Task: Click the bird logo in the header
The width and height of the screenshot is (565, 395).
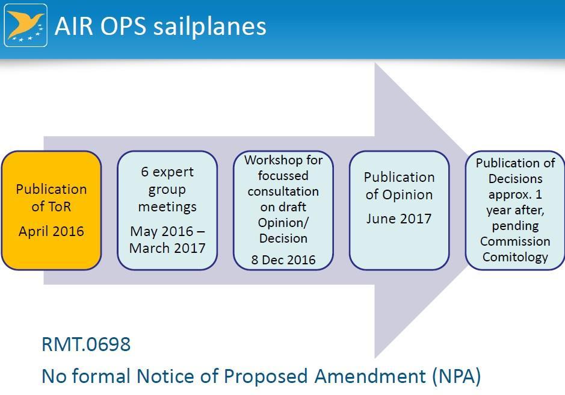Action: tap(26, 25)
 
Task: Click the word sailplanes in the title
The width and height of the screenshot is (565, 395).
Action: tap(210, 26)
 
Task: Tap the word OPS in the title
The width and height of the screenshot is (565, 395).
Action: tap(123, 26)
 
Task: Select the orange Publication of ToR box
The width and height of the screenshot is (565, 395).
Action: tap(51, 210)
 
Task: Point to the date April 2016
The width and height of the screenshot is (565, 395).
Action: tap(51, 231)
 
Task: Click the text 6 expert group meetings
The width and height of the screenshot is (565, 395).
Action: tap(167, 189)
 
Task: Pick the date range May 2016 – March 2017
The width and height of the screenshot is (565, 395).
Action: tap(167, 240)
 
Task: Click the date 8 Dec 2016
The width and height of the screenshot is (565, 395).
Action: tap(283, 260)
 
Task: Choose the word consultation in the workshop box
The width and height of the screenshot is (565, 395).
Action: tap(283, 191)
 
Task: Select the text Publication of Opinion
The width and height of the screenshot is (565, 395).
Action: tap(400, 186)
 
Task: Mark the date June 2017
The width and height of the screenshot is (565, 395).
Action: tap(399, 219)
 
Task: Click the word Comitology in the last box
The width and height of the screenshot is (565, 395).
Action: tap(515, 257)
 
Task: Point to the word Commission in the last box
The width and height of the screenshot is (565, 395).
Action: tap(515, 241)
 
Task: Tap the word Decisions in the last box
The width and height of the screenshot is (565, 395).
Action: tap(515, 179)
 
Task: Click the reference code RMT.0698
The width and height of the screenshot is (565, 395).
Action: tap(86, 344)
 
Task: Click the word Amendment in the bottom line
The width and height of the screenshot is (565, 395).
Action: tap(371, 376)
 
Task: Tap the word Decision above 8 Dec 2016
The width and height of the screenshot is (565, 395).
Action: tap(283, 238)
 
